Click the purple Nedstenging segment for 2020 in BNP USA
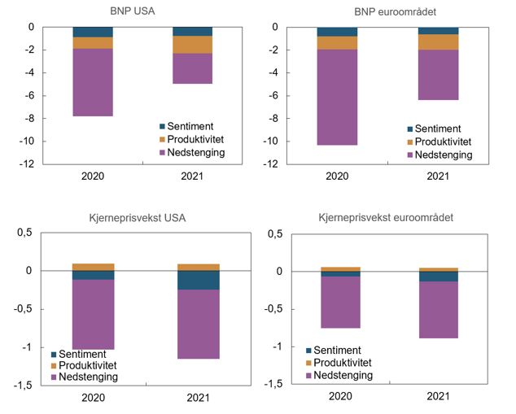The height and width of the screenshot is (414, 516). tap(93, 82)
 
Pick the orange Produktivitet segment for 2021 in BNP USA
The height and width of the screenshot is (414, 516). tap(192, 45)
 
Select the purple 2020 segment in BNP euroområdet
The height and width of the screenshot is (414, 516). tap(338, 98)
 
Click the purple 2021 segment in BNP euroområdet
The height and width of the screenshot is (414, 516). tap(438, 75)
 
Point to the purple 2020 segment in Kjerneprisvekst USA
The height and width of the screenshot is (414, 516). tap(93, 314)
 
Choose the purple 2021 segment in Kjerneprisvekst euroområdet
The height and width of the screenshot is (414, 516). tap(438, 310)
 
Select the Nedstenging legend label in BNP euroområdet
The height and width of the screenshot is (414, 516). tap(444, 155)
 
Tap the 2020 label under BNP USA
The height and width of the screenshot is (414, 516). tap(92, 176)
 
